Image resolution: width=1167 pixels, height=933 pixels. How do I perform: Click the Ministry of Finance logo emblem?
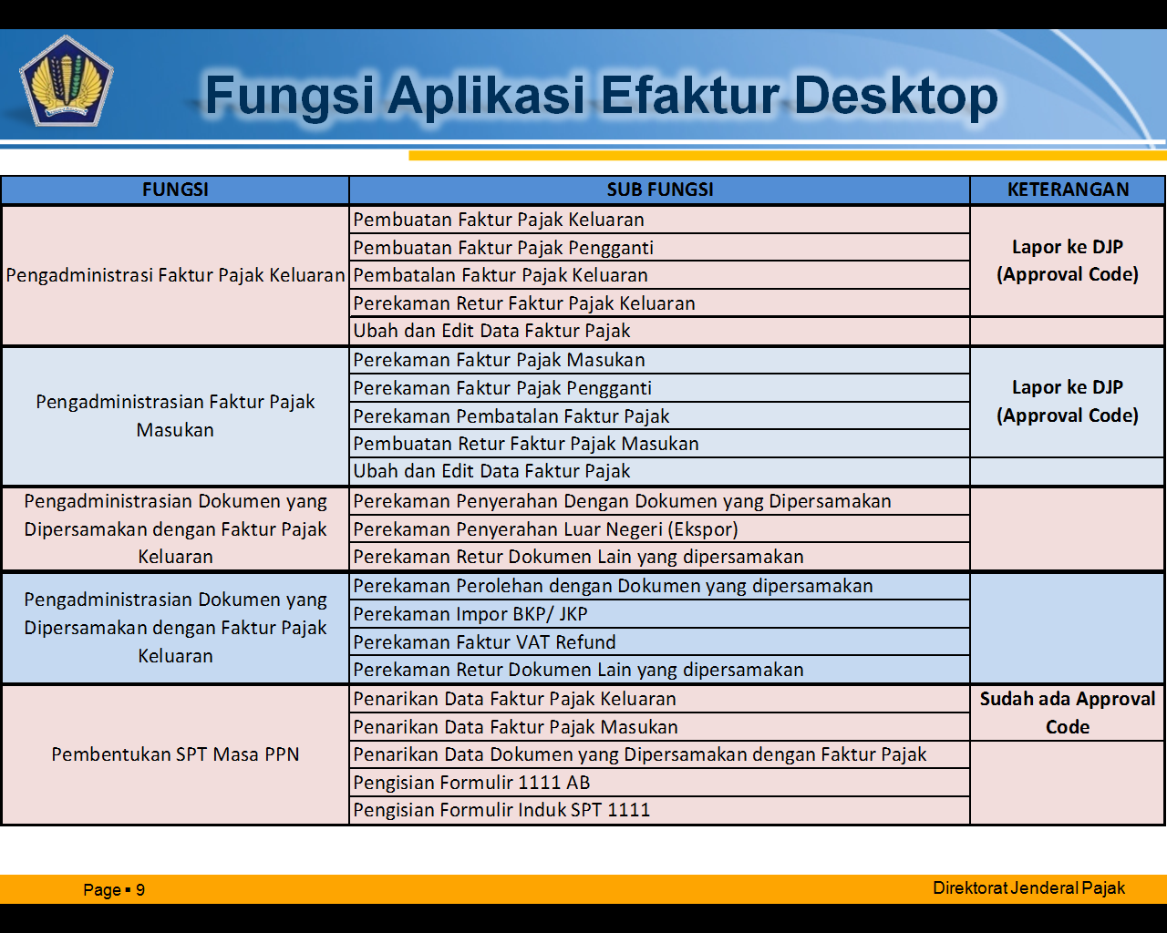coord(66,80)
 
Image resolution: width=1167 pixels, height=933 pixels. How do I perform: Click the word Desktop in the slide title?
coord(895,95)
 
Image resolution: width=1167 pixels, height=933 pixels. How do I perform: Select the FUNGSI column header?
coord(175,190)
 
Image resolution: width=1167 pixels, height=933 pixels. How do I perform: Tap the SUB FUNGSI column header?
coord(660,190)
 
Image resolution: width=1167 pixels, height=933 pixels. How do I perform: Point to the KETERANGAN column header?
coord(1068,190)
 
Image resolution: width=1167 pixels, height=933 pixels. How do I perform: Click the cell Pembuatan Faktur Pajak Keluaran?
coord(499,220)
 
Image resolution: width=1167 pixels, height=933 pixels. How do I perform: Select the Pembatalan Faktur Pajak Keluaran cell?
coord(501,275)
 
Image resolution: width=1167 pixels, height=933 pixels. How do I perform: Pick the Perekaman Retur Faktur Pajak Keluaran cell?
coord(524,303)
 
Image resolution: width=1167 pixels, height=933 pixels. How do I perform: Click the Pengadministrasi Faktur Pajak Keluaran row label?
coord(175,275)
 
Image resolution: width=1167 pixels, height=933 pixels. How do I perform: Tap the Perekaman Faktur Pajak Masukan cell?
coord(499,360)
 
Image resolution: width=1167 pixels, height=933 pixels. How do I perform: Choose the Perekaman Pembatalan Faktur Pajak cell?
coord(511,416)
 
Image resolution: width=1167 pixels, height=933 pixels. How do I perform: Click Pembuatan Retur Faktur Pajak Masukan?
coord(526,444)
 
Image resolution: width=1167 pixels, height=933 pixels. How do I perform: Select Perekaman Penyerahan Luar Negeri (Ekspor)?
coord(545,529)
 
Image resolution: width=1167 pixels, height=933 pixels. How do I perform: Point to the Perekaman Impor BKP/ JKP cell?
coord(470,614)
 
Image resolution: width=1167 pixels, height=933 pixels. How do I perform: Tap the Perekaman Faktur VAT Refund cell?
coord(484,642)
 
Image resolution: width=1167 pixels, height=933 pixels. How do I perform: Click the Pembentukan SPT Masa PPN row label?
coord(175,754)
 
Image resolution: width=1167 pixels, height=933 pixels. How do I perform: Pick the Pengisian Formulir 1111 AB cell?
coord(471,783)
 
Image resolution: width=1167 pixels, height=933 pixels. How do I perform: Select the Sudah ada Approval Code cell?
coord(1068,713)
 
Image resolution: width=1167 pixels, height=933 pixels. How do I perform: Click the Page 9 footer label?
coord(114,890)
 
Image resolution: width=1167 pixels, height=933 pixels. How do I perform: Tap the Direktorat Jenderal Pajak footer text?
coord(1028,888)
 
